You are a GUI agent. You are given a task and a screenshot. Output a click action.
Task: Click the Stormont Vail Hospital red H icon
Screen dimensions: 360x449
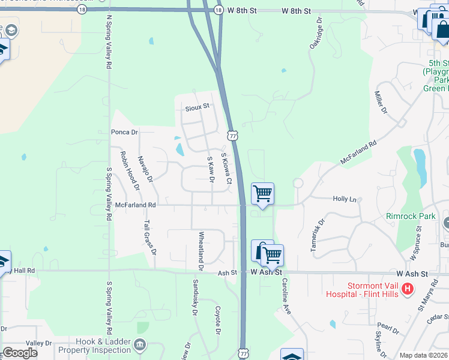click(408, 289)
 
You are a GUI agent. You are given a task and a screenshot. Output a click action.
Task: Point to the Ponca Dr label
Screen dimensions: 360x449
click(124, 132)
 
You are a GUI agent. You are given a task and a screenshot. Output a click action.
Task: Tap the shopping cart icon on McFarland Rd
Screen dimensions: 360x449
click(262, 194)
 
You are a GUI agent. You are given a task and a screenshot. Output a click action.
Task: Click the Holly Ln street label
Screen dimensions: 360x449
click(345, 199)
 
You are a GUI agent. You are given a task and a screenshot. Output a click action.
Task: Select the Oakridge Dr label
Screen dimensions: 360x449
click(316, 35)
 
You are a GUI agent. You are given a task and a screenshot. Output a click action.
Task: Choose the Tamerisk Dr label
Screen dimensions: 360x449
click(318, 235)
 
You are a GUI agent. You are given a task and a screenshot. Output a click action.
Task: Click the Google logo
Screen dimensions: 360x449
click(20, 353)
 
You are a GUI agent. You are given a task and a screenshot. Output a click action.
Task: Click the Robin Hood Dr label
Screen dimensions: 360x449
click(130, 170)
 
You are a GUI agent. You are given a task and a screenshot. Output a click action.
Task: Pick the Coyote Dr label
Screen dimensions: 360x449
click(218, 320)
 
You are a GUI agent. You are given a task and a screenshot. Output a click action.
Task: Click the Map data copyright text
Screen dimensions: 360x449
click(422, 355)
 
